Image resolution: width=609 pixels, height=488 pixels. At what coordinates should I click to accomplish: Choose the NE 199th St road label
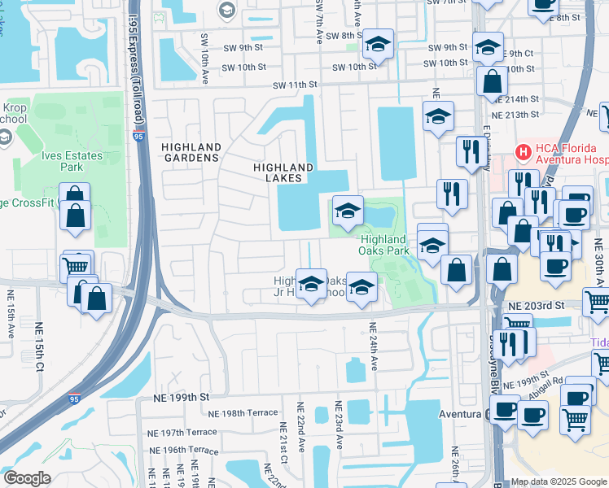[x=182, y=397]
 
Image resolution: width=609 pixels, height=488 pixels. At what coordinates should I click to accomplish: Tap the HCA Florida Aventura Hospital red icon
[x=523, y=151]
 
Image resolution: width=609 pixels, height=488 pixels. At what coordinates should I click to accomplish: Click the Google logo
[x=26, y=478]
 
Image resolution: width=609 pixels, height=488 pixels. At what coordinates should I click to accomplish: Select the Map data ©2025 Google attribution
[x=558, y=481]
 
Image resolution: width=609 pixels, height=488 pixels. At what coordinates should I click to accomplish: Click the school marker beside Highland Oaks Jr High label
[x=310, y=284]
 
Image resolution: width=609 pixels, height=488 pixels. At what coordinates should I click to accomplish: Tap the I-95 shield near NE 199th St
[x=74, y=399]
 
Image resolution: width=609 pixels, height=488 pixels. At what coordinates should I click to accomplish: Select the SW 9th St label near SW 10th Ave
[x=242, y=47]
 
